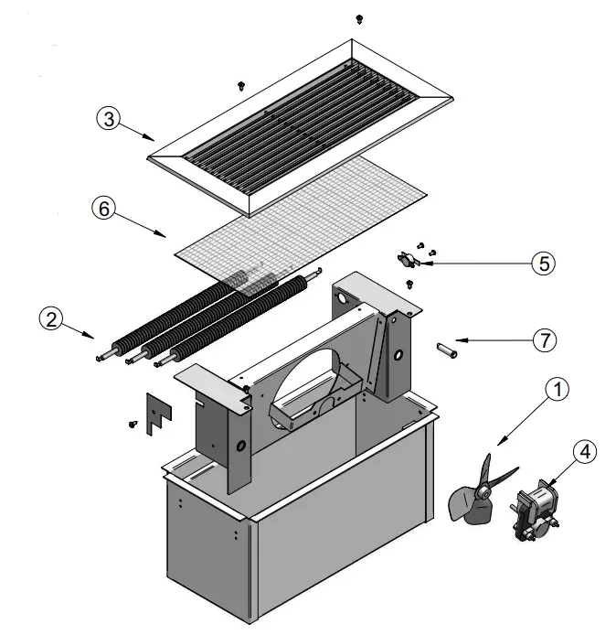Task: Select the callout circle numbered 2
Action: tap(51, 318)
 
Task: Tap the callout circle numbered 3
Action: tap(109, 120)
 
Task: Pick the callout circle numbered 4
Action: tap(586, 450)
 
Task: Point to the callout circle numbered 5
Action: tap(542, 264)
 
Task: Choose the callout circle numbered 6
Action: tap(103, 209)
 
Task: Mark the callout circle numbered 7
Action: tap(544, 339)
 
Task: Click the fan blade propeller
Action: tap(480, 494)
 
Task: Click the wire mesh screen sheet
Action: tap(302, 220)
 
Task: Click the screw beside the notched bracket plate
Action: tap(133, 424)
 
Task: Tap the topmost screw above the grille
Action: tap(358, 18)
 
